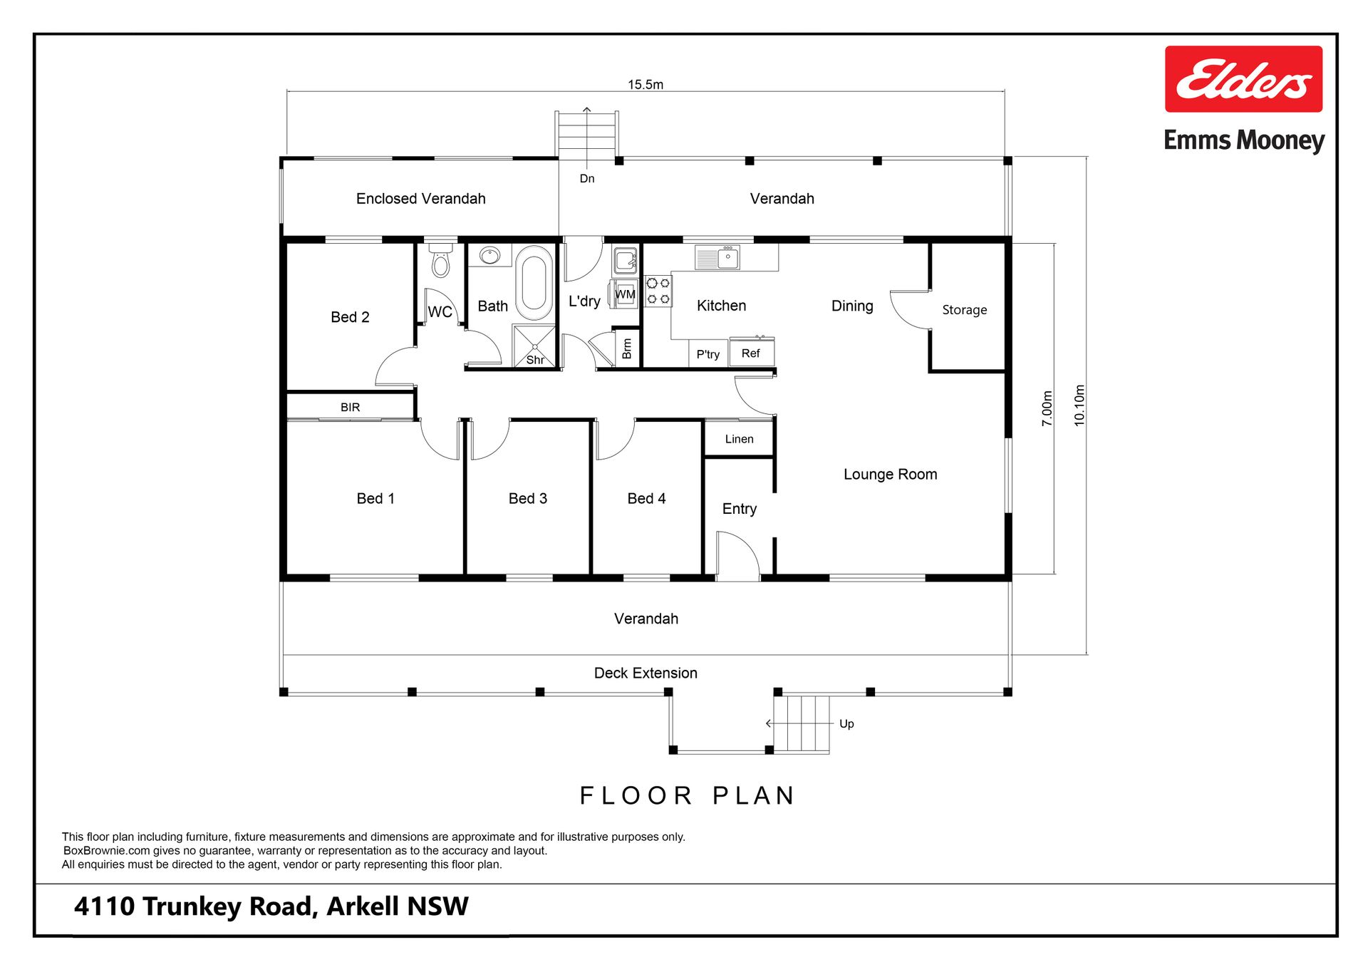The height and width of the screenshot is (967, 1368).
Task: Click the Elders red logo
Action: tap(1243, 79)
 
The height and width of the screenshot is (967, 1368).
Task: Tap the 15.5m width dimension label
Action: tap(646, 84)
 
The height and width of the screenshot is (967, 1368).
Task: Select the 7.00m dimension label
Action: tap(1047, 409)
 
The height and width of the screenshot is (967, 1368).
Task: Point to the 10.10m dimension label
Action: tap(1079, 406)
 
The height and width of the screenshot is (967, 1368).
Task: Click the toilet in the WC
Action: tap(441, 261)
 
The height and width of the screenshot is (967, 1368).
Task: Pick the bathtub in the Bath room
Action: tap(534, 283)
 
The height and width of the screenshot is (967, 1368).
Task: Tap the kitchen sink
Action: tap(717, 257)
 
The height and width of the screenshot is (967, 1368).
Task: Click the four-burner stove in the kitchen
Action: tap(658, 291)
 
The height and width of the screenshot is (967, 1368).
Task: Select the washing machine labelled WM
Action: tap(624, 294)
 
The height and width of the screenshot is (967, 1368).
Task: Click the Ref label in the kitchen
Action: tap(750, 353)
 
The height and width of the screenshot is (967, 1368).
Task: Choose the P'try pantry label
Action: tap(708, 354)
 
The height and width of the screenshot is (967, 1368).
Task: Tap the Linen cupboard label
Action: tap(739, 439)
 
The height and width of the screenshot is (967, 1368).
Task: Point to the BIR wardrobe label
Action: tap(350, 408)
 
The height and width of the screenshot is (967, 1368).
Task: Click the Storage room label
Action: tap(965, 310)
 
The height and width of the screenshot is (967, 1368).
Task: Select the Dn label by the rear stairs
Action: tap(587, 178)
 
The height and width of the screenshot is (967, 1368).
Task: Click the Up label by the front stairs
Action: tap(846, 724)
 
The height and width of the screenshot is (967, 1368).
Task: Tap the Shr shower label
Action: tap(535, 360)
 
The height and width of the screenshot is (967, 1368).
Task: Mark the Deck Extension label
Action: tap(646, 673)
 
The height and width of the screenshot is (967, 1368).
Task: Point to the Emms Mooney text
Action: tap(1244, 140)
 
